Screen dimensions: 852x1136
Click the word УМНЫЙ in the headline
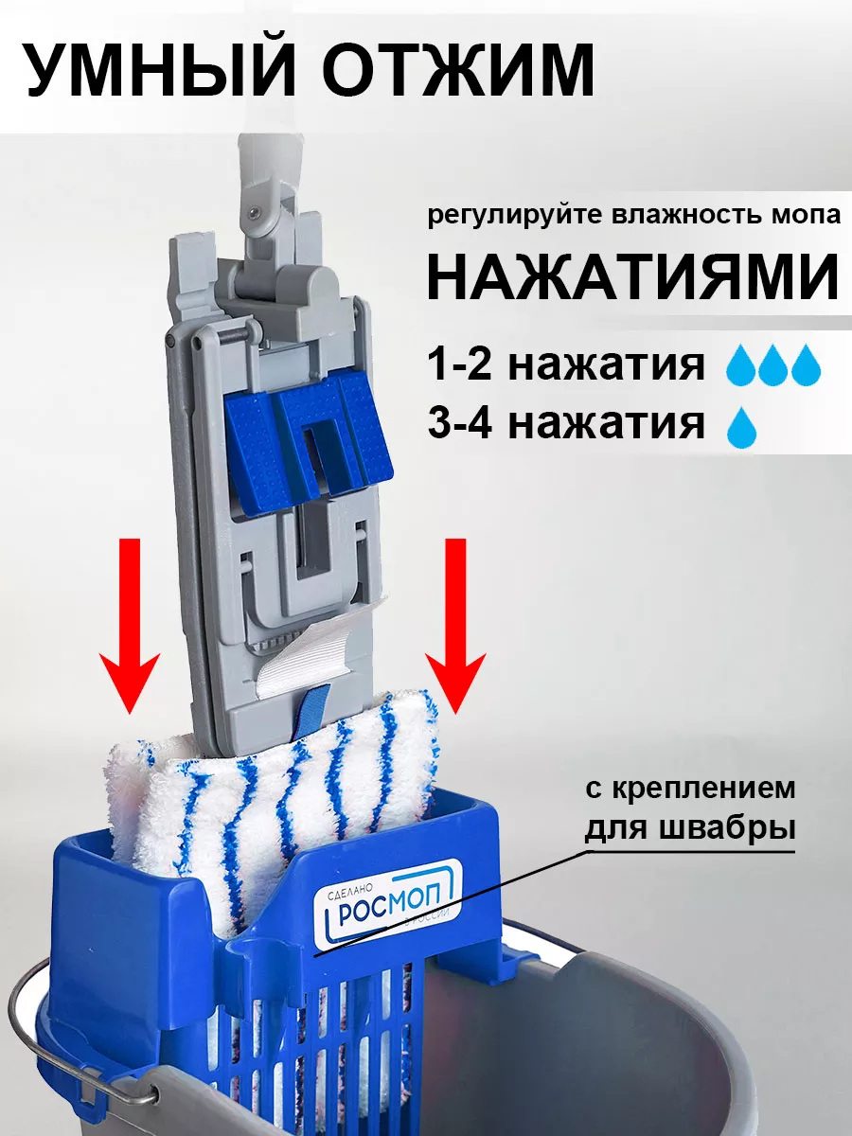point(159,69)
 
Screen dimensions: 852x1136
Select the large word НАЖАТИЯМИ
point(632,275)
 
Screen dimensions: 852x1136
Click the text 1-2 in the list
point(460,364)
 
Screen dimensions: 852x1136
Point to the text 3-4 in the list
point(460,423)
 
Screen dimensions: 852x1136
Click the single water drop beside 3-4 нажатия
point(742,428)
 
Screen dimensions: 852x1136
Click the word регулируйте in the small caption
point(516,214)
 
